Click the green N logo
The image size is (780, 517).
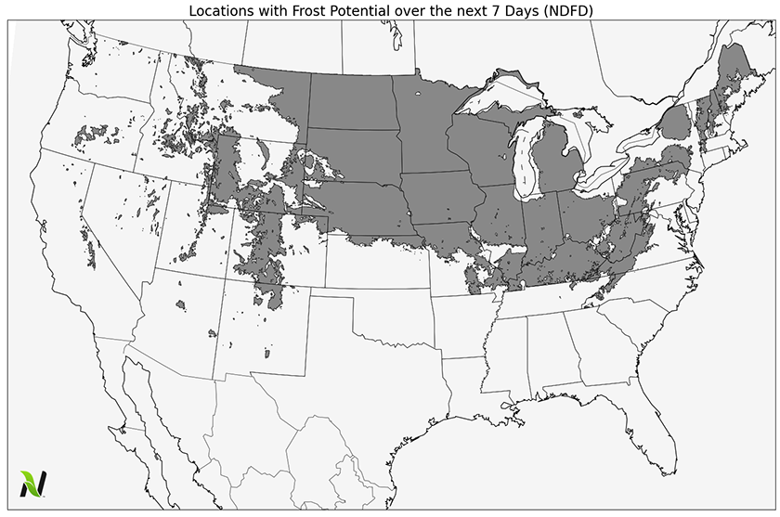point(33,483)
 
